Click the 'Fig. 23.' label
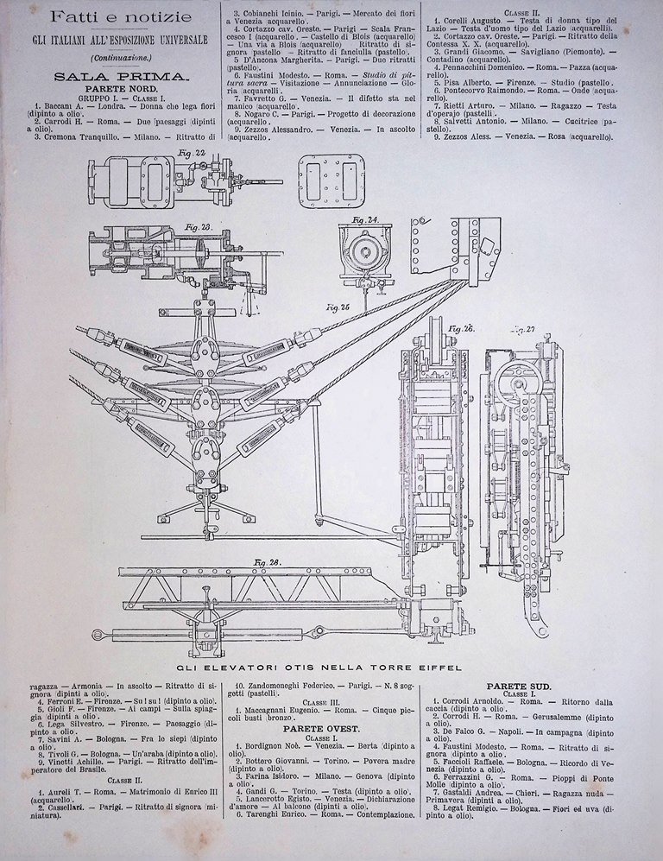coord(199,226)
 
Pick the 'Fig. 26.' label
coord(462,328)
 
